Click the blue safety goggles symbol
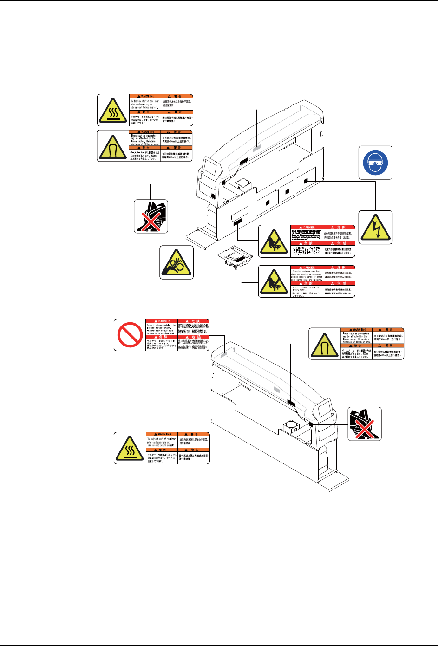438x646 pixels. coord(375,163)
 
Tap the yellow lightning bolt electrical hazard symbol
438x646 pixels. coord(375,227)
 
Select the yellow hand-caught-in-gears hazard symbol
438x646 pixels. coord(177,262)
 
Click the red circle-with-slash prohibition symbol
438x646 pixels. coord(130,334)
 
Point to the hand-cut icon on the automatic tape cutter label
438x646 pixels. coord(274,241)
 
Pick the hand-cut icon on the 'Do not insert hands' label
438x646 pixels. coord(274,281)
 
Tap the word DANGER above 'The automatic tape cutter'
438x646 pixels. coord(306,228)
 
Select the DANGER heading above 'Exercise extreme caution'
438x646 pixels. coord(306,268)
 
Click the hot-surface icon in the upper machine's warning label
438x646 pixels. coord(113,110)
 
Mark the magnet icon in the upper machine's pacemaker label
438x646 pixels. coord(113,146)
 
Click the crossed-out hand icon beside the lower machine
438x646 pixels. coord(365,424)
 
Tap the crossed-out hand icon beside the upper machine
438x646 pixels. coord(151,216)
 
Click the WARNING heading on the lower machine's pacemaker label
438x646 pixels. coord(357,330)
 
